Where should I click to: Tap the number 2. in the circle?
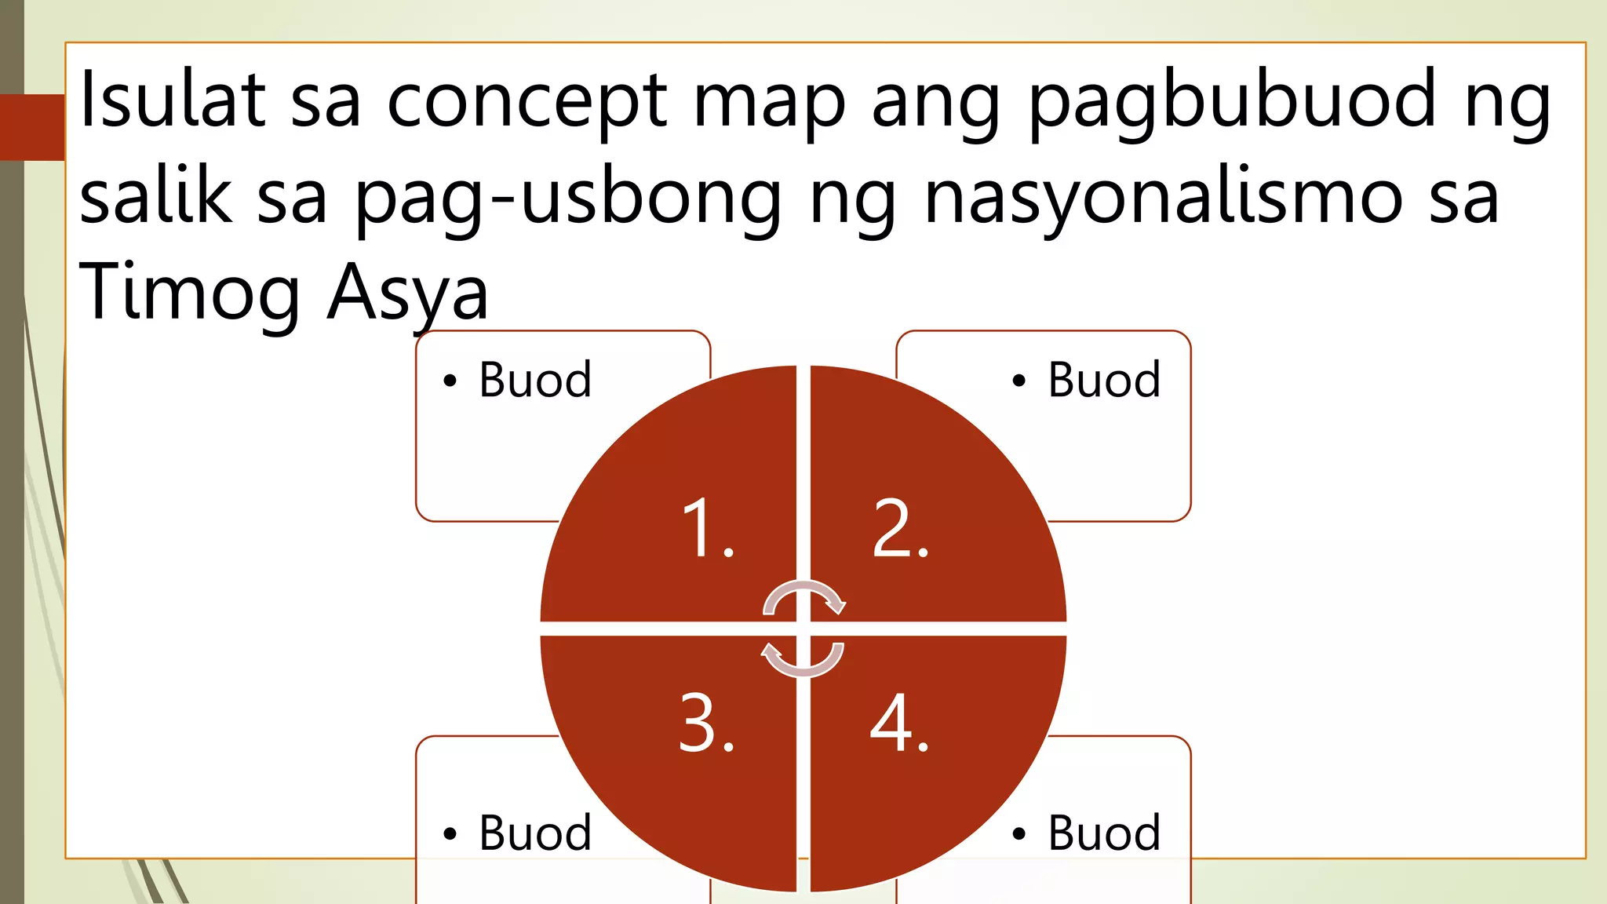[x=901, y=530]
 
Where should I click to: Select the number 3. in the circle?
[x=706, y=724]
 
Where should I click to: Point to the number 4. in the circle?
[x=899, y=724]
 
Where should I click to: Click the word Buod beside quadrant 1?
[x=535, y=381]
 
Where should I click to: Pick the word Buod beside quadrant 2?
[x=1104, y=381]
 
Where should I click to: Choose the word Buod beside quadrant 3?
[x=535, y=833]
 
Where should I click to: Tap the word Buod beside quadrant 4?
[x=1104, y=833]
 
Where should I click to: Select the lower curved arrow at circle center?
[x=803, y=659]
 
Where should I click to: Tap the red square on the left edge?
[x=32, y=127]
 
